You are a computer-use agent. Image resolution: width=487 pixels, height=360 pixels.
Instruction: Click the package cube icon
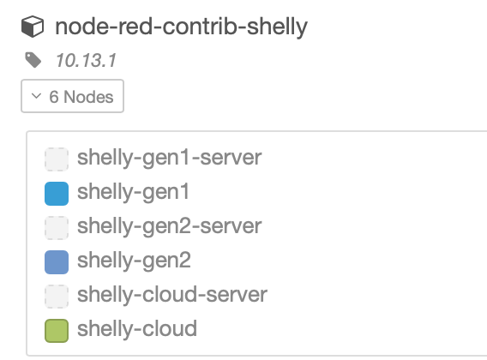pyautogui.click(x=33, y=27)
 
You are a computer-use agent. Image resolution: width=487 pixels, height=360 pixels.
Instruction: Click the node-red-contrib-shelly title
pyautogui.click(x=182, y=27)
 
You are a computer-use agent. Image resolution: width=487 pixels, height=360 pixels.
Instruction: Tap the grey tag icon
pyautogui.click(x=33, y=60)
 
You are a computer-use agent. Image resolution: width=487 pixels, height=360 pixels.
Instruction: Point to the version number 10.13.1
pyautogui.click(x=86, y=60)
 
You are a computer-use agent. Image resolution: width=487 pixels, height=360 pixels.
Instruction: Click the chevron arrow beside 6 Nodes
pyautogui.click(x=36, y=96)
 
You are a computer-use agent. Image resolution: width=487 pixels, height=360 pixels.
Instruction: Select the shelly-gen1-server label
pyautogui.click(x=169, y=158)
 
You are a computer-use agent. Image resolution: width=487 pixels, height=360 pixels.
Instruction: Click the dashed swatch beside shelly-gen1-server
pyautogui.click(x=57, y=159)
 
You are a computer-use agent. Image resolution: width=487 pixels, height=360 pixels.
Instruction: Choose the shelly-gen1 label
pyautogui.click(x=133, y=192)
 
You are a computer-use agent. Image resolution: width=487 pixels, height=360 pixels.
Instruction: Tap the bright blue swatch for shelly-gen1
pyautogui.click(x=57, y=194)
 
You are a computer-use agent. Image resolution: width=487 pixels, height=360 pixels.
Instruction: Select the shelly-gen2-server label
pyautogui.click(x=169, y=226)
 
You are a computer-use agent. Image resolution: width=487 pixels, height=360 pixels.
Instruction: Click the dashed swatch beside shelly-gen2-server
pyautogui.click(x=57, y=228)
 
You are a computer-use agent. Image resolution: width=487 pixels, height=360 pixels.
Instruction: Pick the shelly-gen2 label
pyautogui.click(x=134, y=261)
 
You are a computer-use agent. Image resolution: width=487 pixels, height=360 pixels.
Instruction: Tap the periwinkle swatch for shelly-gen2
pyautogui.click(x=57, y=262)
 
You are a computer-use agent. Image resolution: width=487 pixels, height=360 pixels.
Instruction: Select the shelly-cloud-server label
pyautogui.click(x=172, y=294)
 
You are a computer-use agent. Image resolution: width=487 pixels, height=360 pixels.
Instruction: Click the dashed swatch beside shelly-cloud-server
pyautogui.click(x=57, y=297)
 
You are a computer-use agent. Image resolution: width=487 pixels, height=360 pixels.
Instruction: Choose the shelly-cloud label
pyautogui.click(x=137, y=328)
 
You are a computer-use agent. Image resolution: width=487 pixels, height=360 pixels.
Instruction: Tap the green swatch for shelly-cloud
pyautogui.click(x=57, y=331)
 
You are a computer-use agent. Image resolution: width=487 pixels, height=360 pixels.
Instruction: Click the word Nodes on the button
pyautogui.click(x=88, y=97)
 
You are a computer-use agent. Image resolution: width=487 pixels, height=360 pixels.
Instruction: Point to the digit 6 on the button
pyautogui.click(x=54, y=97)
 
